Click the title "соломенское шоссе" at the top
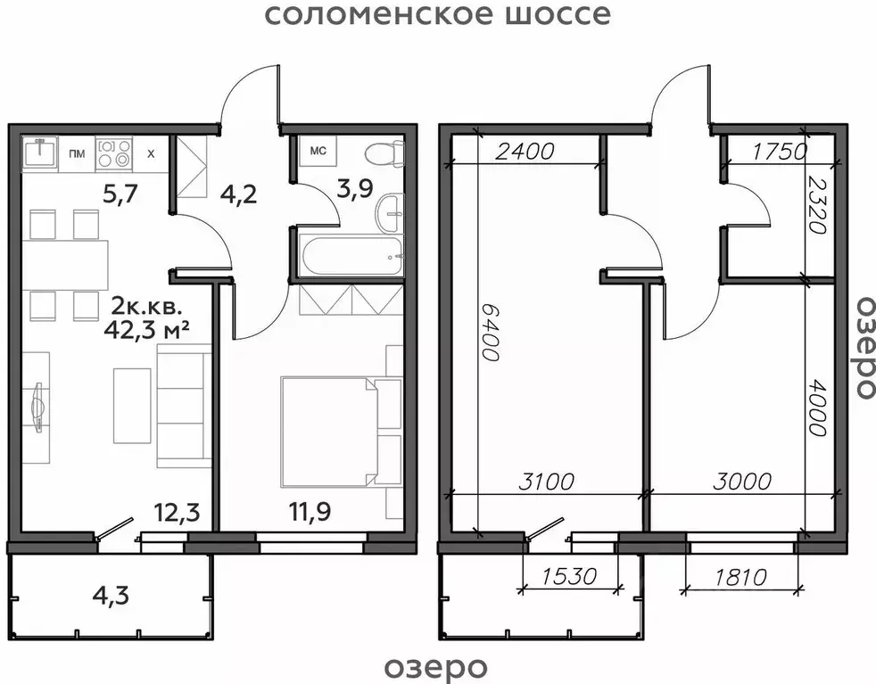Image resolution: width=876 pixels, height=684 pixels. [438, 15]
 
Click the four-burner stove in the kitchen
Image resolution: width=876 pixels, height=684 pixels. [114, 153]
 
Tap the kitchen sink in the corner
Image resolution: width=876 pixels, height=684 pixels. [39, 152]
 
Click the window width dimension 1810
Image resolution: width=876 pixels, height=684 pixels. [740, 576]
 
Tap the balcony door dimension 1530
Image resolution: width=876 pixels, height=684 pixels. [568, 576]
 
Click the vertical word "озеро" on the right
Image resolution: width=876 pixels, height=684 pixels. [862, 345]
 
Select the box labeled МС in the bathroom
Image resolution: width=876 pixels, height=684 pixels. [317, 151]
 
